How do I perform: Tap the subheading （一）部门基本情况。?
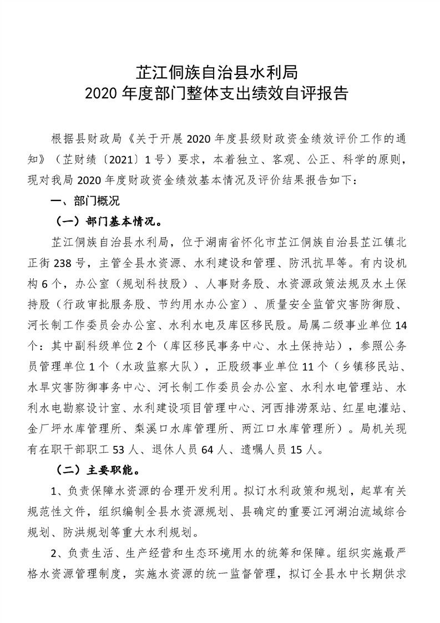[109, 221]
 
